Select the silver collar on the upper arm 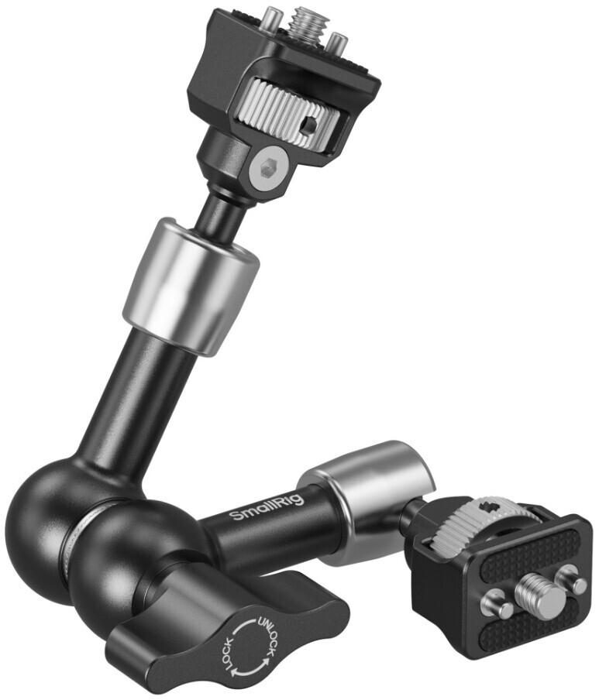coord(191,287)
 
